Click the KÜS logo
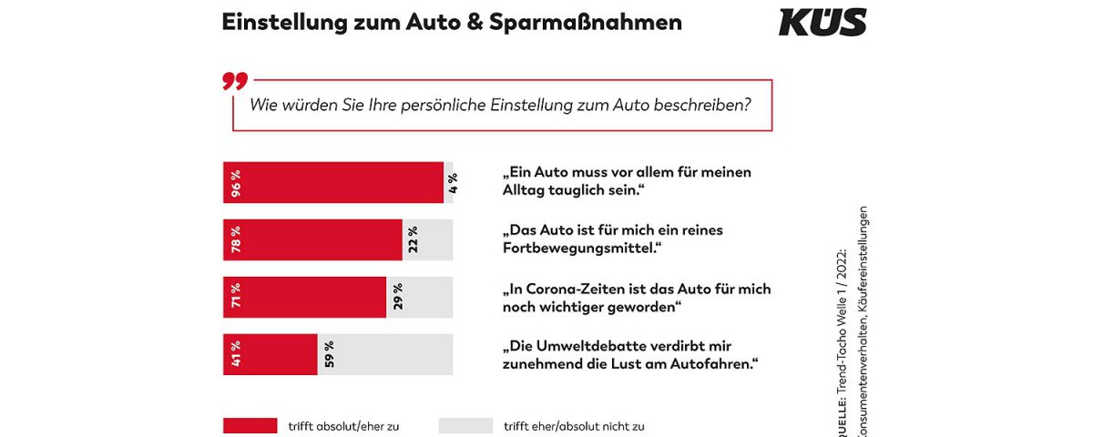click(x=822, y=22)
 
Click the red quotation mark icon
click(x=234, y=82)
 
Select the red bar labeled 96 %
click(x=333, y=182)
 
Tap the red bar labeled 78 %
click(x=312, y=239)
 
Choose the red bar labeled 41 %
click(x=270, y=354)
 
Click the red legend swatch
click(x=250, y=425)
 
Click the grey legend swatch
click(x=465, y=425)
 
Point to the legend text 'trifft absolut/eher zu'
click(x=343, y=425)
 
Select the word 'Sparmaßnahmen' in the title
click(x=600, y=23)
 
